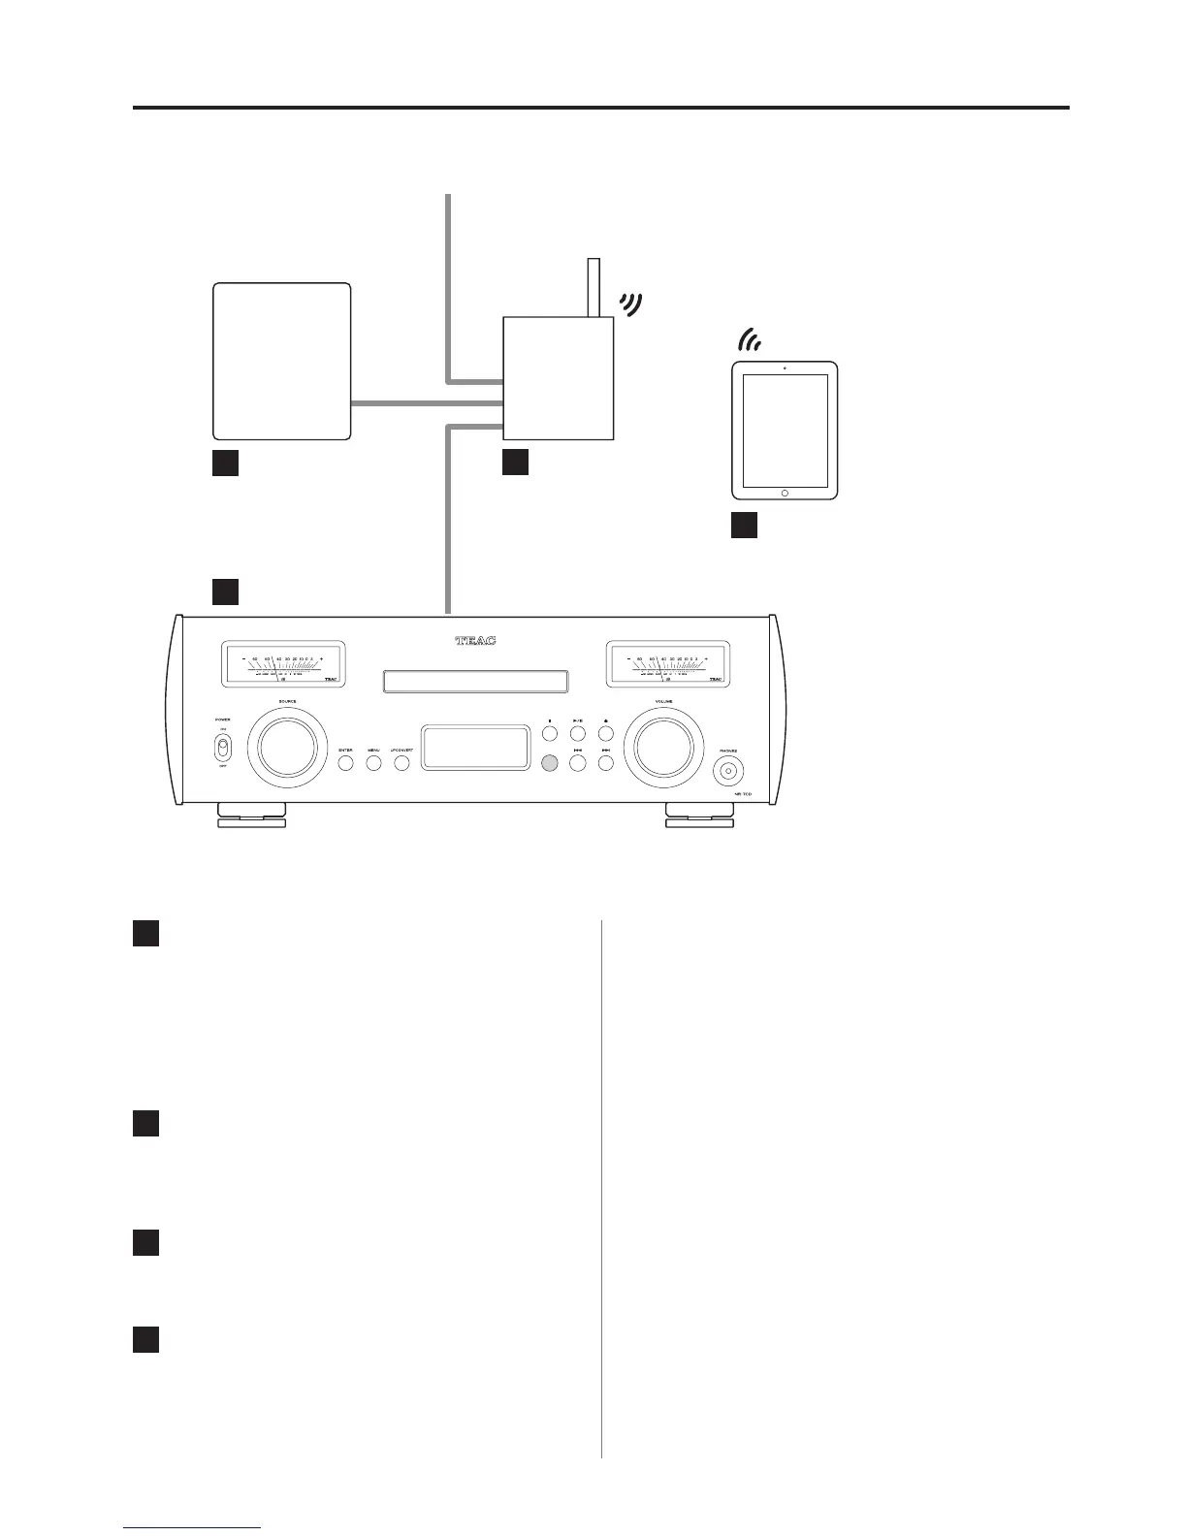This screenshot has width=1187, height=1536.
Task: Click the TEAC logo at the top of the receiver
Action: (x=475, y=641)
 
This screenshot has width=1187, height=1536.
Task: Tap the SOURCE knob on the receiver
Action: (x=287, y=749)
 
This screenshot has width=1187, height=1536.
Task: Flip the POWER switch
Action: (x=223, y=750)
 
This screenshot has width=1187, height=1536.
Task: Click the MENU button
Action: (x=373, y=763)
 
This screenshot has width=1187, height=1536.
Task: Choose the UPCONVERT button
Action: (x=401, y=763)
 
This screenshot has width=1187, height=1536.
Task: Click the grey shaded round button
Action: (x=550, y=763)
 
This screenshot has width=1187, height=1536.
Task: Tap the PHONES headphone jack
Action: (x=729, y=772)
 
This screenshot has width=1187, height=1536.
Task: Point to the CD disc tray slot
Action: (x=475, y=682)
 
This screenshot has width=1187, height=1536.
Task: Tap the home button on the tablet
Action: (x=785, y=493)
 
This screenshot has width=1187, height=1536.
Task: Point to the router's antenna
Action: (x=593, y=287)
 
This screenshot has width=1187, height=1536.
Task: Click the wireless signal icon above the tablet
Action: (x=749, y=340)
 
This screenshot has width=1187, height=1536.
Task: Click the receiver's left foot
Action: (x=252, y=816)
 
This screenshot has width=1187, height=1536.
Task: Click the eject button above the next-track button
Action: (x=606, y=734)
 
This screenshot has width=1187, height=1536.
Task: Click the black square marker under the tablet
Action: (x=743, y=526)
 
